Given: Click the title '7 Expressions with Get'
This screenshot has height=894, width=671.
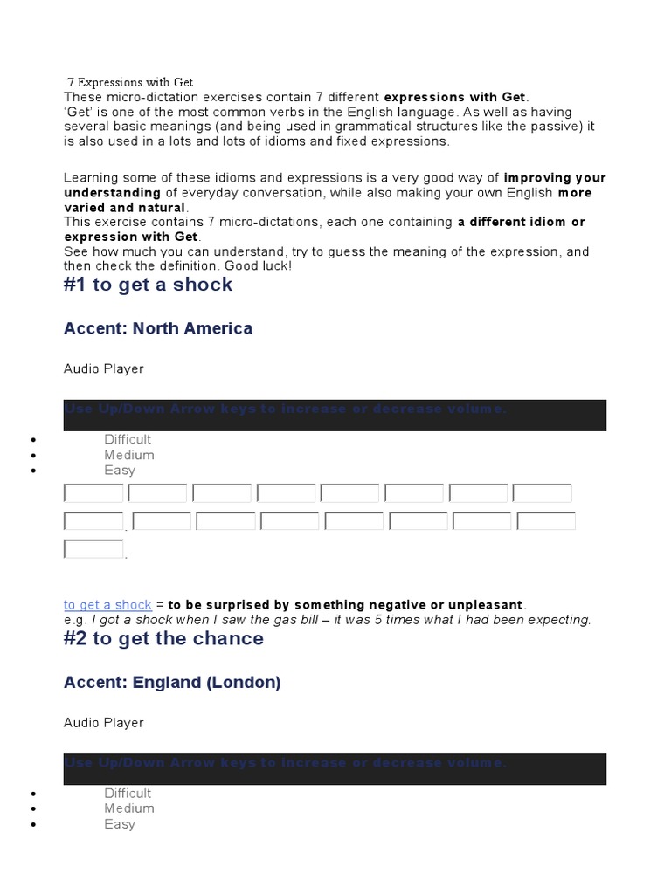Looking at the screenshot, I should pyautogui.click(x=130, y=82).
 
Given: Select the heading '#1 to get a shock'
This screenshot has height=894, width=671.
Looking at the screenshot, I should pyautogui.click(x=148, y=285).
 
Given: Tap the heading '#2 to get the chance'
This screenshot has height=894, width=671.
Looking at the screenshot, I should pyautogui.click(x=163, y=638).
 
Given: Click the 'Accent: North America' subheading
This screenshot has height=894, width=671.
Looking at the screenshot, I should pyautogui.click(x=158, y=328).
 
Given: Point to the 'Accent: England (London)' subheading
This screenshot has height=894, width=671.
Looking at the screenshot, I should pyautogui.click(x=172, y=682).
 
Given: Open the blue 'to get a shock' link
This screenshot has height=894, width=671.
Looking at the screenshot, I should pyautogui.click(x=107, y=605).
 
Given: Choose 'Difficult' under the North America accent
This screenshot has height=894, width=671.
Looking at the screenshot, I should pyautogui.click(x=128, y=439).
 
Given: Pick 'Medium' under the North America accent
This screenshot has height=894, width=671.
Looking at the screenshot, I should pyautogui.click(x=129, y=455).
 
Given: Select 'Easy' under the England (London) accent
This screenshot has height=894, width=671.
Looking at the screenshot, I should pyautogui.click(x=120, y=824).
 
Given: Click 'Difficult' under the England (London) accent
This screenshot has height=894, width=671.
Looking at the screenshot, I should pyautogui.click(x=128, y=793).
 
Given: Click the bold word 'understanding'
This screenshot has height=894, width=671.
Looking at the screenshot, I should pyautogui.click(x=112, y=192).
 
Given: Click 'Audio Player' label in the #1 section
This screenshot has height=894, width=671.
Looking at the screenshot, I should pyautogui.click(x=103, y=368).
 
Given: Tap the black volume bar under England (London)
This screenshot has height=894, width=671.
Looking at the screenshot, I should pyautogui.click(x=335, y=769).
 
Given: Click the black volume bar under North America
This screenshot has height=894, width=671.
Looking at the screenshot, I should pyautogui.click(x=335, y=416).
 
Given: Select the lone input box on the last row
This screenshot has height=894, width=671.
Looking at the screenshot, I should pyautogui.click(x=93, y=549).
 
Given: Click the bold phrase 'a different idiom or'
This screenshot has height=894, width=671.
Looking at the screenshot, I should pyautogui.click(x=521, y=222).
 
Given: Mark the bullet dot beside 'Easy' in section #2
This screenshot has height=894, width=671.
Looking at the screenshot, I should pyautogui.click(x=33, y=825).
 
